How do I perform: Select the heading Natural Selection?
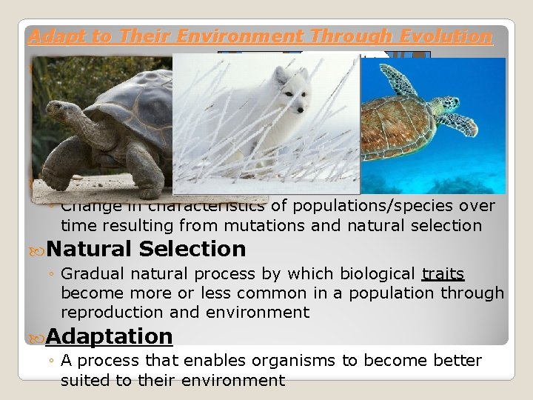[146, 249]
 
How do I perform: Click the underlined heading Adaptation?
[109, 336]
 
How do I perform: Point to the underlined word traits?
[443, 274]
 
